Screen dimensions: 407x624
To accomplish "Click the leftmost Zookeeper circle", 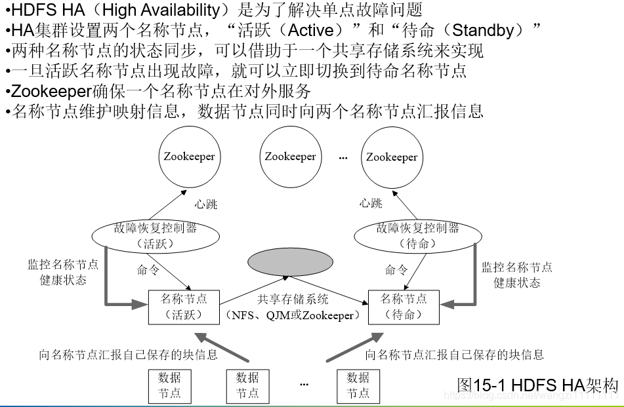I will click(189, 156).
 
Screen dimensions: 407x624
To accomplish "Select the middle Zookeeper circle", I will click(290, 156).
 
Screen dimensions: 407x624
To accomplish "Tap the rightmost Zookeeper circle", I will click(392, 156).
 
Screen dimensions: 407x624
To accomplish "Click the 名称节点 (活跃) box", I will click(184, 306).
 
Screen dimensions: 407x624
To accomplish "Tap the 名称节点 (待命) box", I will click(404, 306).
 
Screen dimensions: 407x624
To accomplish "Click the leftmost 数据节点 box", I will click(169, 385).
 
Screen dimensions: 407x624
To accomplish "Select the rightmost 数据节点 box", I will click(358, 385).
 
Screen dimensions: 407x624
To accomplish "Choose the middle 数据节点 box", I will click(247, 385).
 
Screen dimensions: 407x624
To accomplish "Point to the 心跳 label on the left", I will click(205, 204).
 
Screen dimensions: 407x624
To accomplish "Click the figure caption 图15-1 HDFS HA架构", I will click(537, 385).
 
